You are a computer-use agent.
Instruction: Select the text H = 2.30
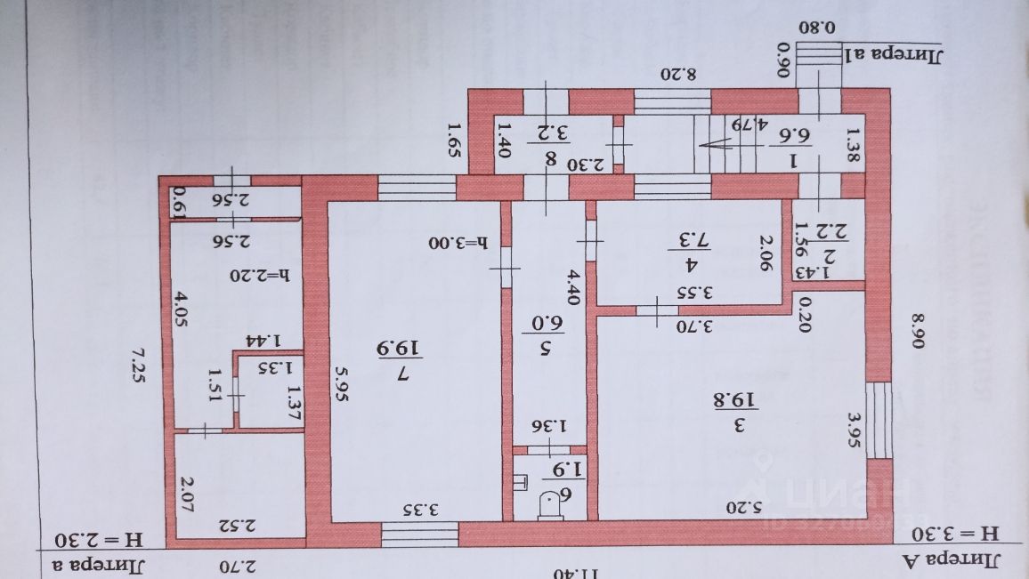[x=93, y=539]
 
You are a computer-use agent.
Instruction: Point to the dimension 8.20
[x=677, y=74]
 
